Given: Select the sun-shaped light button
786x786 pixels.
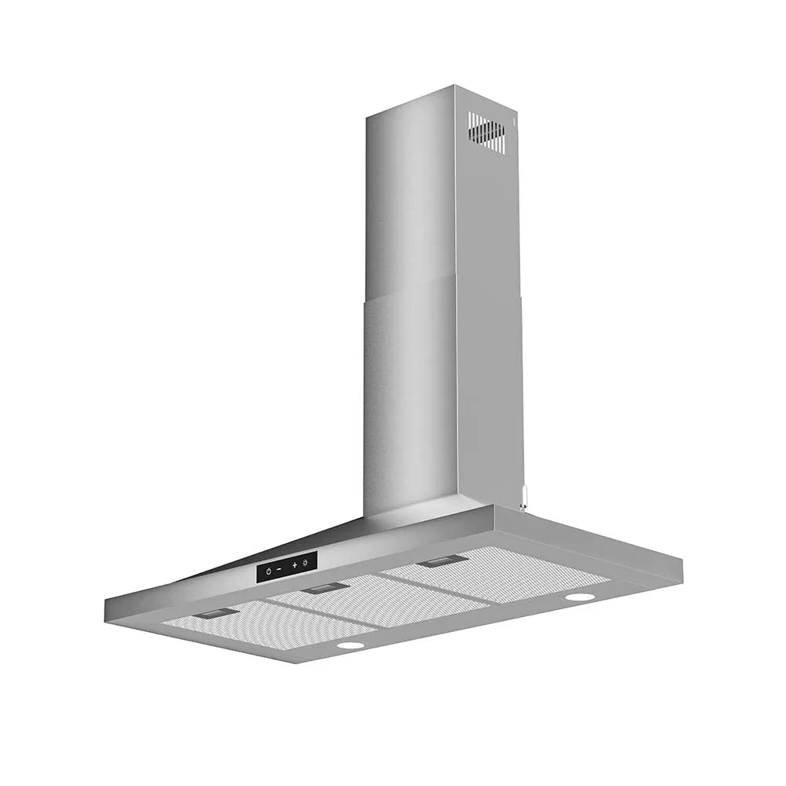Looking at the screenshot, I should (x=305, y=563).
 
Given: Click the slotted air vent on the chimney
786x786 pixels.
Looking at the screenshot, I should (x=487, y=132).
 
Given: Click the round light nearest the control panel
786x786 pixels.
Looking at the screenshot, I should (x=351, y=645).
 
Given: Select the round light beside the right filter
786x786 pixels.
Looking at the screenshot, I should (x=580, y=597).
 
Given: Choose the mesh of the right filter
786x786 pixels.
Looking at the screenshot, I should (x=503, y=578).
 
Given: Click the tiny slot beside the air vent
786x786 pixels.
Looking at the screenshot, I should (x=512, y=121).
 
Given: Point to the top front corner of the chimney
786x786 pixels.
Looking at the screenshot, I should (x=454, y=86).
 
